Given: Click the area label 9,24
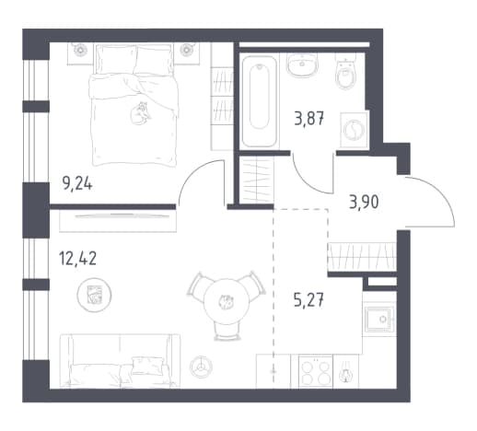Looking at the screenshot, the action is (77, 184).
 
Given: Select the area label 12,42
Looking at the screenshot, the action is (77, 258).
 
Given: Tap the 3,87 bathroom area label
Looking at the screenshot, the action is (309, 119).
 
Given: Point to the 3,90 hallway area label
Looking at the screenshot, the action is (364, 203).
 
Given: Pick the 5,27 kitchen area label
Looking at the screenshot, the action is (308, 300).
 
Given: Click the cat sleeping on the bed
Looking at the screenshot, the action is (140, 113).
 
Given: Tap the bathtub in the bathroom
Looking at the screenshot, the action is (260, 100).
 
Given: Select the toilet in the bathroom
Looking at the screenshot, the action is (346, 71).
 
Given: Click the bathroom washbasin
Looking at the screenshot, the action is (302, 65).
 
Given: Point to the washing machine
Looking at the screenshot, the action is (355, 130).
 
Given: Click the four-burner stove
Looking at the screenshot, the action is (316, 372).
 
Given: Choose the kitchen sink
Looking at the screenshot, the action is (380, 320).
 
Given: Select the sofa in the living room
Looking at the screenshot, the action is (121, 361).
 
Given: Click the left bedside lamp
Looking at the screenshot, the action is (80, 50).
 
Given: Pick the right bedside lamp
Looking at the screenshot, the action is (186, 50).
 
